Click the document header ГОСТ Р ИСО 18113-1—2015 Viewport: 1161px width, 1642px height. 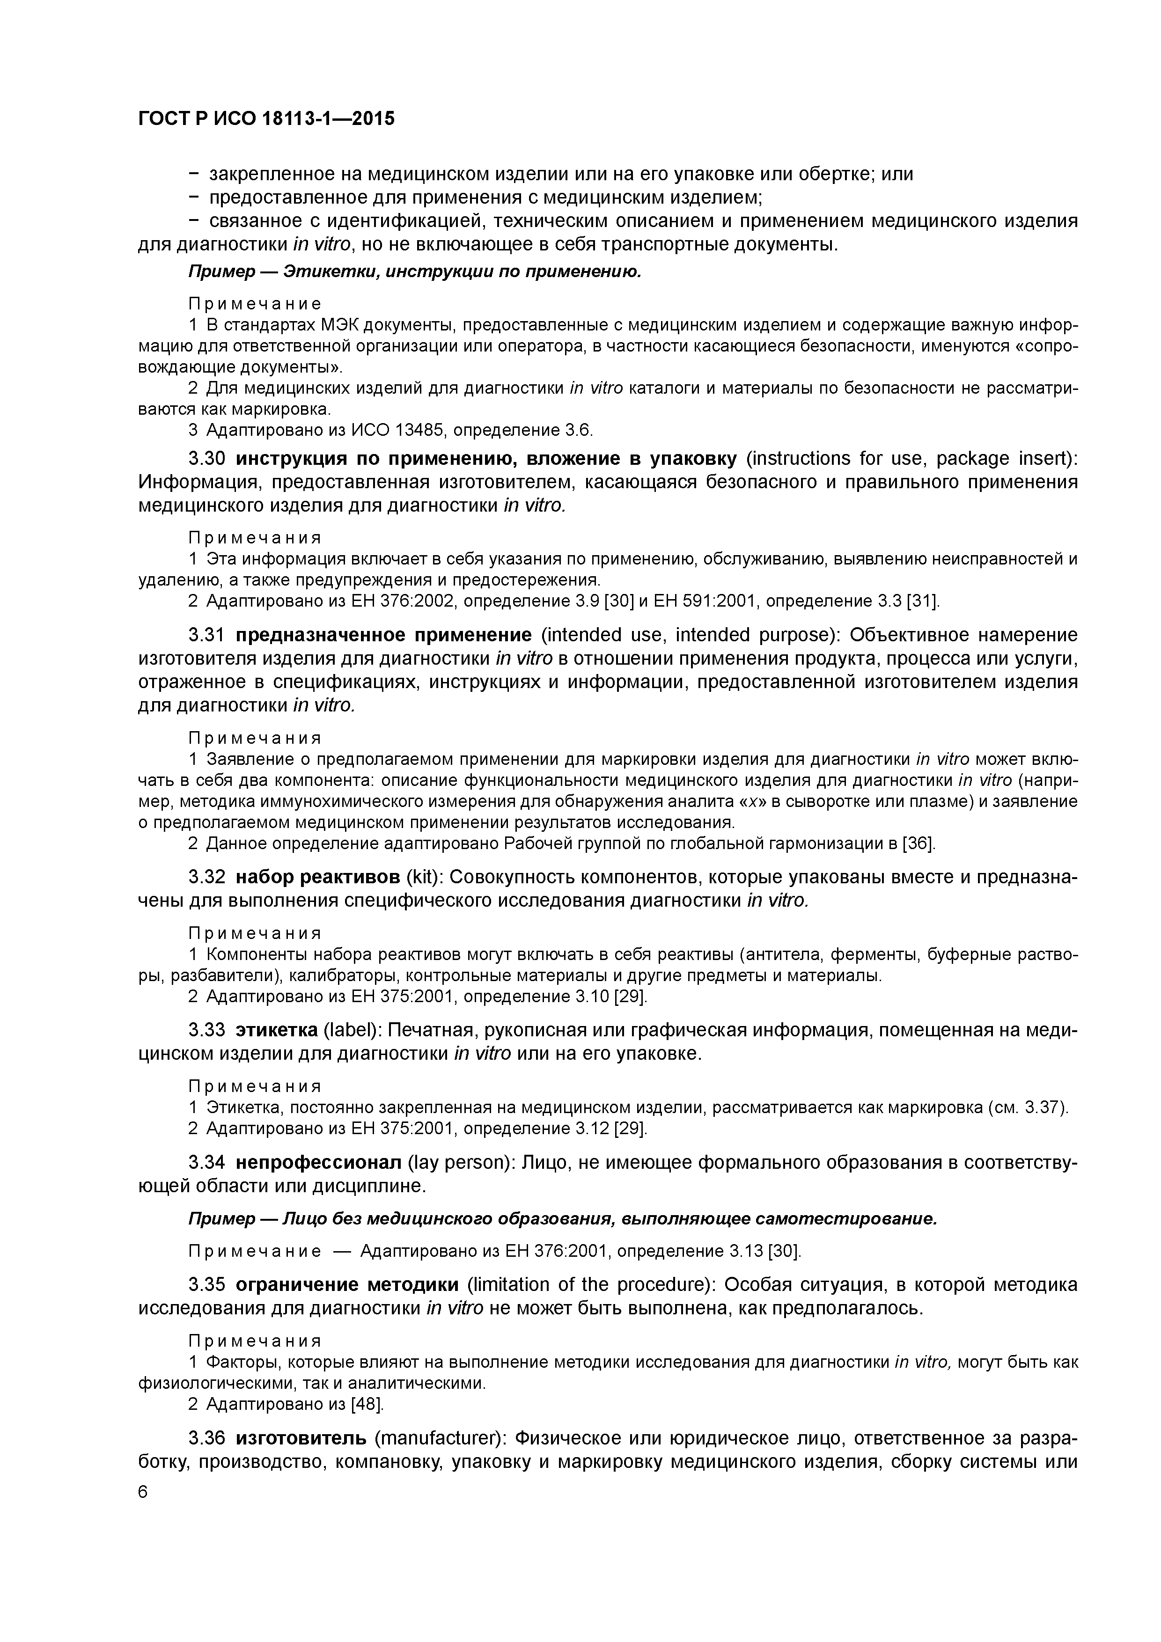click(265, 119)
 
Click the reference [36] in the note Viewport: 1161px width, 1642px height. click(919, 844)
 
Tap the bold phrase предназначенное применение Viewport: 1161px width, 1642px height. click(383, 635)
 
